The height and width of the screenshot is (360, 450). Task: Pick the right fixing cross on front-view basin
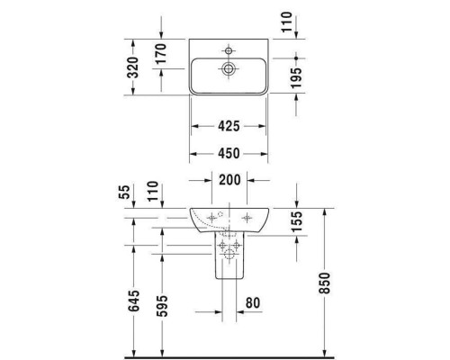click(x=247, y=216)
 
